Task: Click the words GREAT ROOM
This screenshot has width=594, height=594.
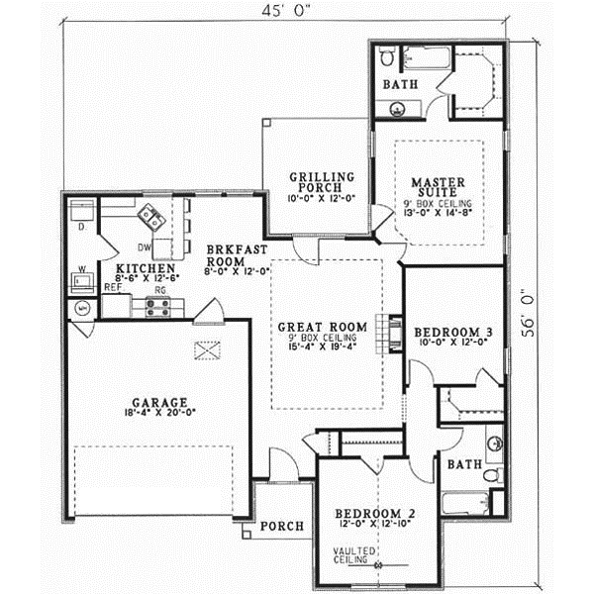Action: click(x=322, y=326)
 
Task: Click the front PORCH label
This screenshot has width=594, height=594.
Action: click(x=280, y=528)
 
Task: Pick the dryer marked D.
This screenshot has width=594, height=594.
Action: click(x=80, y=211)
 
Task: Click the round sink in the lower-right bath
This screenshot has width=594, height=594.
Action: click(x=492, y=443)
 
